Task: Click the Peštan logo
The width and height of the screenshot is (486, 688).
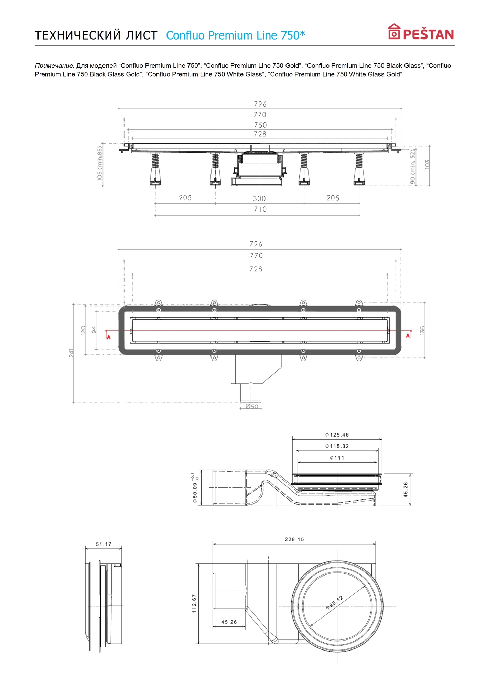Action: (x=421, y=32)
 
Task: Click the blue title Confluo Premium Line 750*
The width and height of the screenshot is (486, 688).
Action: (x=235, y=35)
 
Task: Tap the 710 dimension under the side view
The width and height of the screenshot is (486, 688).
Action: (x=260, y=209)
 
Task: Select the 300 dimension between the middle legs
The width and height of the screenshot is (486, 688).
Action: (x=259, y=198)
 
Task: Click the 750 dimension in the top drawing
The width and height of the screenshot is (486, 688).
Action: (x=260, y=125)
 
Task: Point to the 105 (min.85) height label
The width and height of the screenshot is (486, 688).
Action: (x=100, y=163)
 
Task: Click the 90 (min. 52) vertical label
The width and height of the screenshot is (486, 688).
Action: (x=413, y=166)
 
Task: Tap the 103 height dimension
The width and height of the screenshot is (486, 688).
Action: (x=427, y=164)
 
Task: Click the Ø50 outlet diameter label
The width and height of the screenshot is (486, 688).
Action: (x=252, y=407)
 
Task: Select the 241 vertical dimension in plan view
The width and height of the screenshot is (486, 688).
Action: (x=71, y=353)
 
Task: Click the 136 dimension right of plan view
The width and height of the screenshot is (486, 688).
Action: (x=422, y=330)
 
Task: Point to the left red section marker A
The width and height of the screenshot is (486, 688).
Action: (x=109, y=337)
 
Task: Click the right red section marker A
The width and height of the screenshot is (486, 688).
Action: (x=408, y=335)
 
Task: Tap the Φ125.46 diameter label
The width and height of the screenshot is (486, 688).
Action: (x=337, y=435)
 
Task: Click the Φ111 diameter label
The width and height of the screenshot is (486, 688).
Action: (x=337, y=458)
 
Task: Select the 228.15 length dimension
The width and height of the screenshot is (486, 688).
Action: (x=294, y=539)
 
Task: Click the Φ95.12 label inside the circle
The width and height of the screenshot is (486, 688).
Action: (x=334, y=603)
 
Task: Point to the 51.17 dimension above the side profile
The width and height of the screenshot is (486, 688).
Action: (x=104, y=544)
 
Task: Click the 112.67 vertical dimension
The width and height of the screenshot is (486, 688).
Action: (x=194, y=603)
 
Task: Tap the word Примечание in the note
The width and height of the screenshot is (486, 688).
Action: (x=54, y=66)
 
